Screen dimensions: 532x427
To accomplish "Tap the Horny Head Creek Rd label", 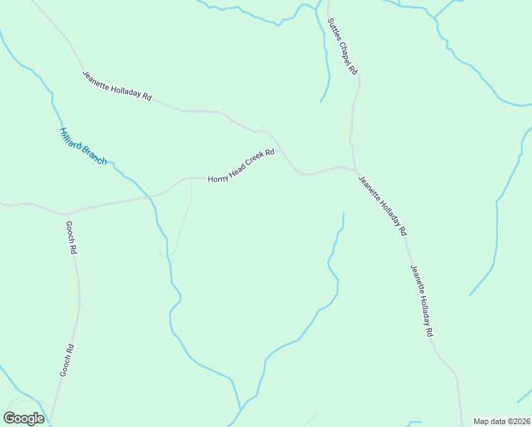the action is (241, 166).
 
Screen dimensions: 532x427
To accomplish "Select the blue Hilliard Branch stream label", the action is (83, 147).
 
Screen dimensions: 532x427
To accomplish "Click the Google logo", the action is (23, 418).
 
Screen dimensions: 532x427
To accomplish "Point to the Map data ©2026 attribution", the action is (501, 421).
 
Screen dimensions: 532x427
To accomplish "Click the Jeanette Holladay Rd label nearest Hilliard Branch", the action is (117, 85).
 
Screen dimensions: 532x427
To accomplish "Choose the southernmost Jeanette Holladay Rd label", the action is (421, 300).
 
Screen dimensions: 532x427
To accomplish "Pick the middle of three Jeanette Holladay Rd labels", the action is (382, 205).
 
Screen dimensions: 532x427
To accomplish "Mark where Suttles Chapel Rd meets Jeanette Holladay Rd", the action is (354, 169).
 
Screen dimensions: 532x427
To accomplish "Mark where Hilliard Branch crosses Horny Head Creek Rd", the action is (150, 196).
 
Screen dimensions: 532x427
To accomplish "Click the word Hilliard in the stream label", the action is (72, 138).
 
